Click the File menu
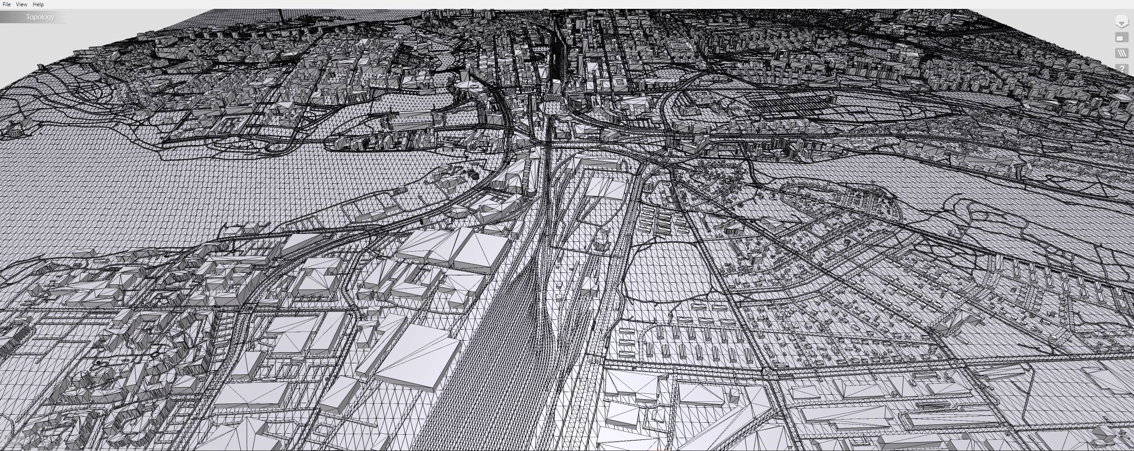[x=7, y=4]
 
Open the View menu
[x=21, y=4]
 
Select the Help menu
[x=38, y=4]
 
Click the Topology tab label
[x=40, y=17]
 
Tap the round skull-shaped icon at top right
[x=1122, y=21]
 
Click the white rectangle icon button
[x=1122, y=39]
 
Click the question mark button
[x=1122, y=69]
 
